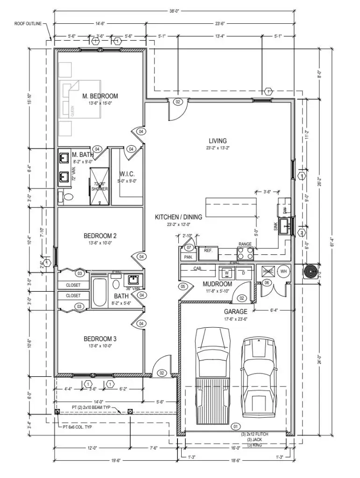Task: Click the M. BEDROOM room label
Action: click(x=100, y=96)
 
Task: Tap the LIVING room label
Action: click(x=218, y=141)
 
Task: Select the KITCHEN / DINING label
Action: click(x=178, y=217)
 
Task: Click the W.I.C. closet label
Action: click(x=127, y=174)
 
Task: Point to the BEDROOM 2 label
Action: click(x=100, y=236)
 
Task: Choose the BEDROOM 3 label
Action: click(x=100, y=338)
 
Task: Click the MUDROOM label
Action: click(x=217, y=284)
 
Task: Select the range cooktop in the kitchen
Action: click(x=245, y=253)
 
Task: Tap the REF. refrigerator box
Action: click(x=208, y=251)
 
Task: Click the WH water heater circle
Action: click(x=283, y=272)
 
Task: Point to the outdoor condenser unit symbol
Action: click(x=310, y=272)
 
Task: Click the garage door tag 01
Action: click(x=235, y=426)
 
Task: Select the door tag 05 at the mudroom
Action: click(x=183, y=286)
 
